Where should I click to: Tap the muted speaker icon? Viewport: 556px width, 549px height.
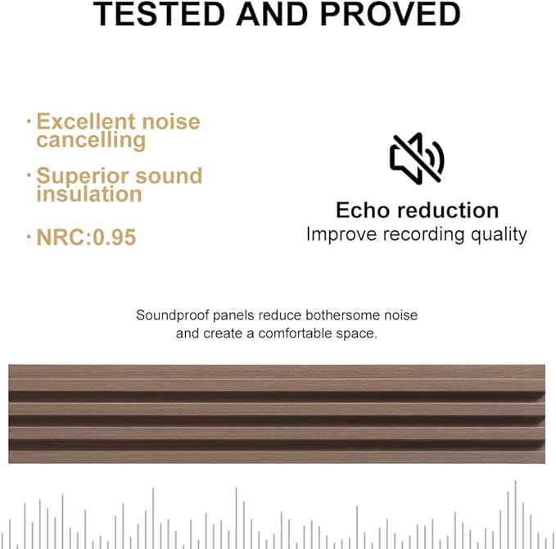[x=416, y=157]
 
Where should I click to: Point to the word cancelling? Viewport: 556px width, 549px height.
[x=91, y=140]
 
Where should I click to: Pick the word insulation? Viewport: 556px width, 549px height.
[x=89, y=194]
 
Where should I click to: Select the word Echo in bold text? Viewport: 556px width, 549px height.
[x=363, y=210]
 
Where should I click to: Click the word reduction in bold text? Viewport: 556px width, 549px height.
[x=447, y=210]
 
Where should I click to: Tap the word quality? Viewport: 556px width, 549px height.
[x=499, y=235]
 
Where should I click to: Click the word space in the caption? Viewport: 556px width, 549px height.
[x=357, y=334]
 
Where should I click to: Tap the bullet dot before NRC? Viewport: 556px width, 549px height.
[x=29, y=238]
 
